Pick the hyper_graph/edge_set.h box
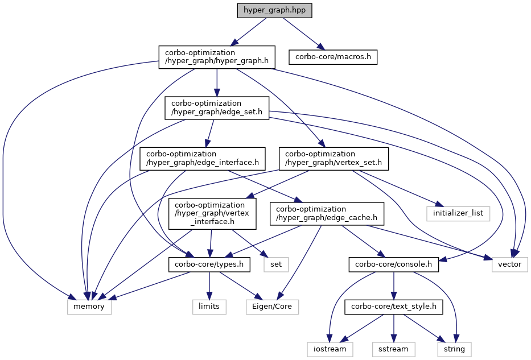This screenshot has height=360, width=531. click(x=217, y=108)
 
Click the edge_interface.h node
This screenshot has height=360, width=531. click(x=203, y=158)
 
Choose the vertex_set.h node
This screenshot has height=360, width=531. click(x=334, y=158)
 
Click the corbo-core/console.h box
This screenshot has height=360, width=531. click(x=393, y=264)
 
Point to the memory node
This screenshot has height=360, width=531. click(x=89, y=307)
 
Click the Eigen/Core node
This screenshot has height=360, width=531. click(x=272, y=307)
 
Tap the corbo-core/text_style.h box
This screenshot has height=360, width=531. click(x=393, y=307)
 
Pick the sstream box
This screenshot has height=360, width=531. click(x=393, y=348)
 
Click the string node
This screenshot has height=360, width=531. click(x=454, y=348)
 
